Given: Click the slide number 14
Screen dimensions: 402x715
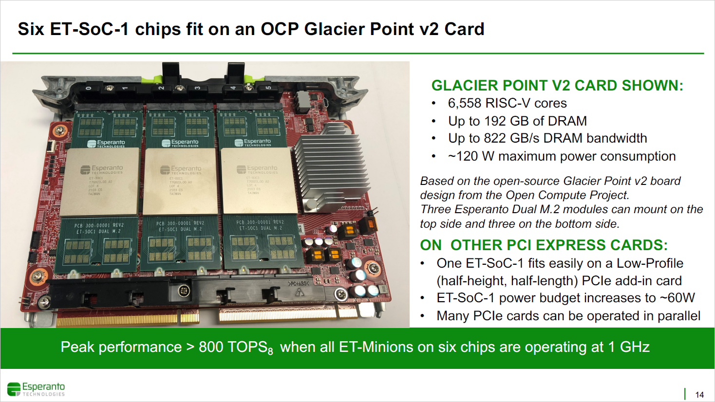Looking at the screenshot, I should coord(699,395).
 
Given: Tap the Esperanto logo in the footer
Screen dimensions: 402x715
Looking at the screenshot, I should coord(36,389).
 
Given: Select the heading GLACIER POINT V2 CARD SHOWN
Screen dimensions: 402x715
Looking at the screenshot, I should coord(557,86).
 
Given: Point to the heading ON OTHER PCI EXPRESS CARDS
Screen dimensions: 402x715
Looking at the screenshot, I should coord(544,245).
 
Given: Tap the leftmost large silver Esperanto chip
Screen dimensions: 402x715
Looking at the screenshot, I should coord(102,182).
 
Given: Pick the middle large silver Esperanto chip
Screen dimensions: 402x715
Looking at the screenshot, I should coord(180,182).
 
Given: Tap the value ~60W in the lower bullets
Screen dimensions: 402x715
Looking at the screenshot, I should coord(677,298).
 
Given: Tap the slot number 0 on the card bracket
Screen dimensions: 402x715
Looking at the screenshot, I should coord(88,88).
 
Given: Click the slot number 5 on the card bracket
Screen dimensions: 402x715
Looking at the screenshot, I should coord(268,88).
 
